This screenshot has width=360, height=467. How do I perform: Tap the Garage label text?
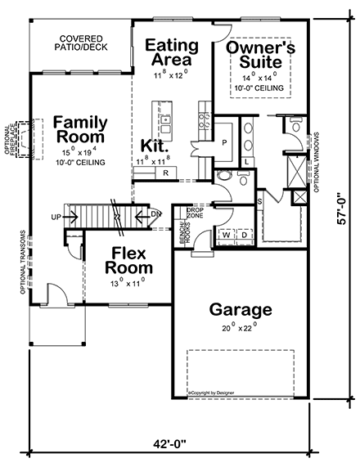(241, 310)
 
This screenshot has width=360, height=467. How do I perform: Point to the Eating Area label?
(173, 52)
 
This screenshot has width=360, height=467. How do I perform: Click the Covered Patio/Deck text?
(82, 43)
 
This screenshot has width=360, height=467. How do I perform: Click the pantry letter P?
(223, 142)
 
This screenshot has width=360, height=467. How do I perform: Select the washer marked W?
(225, 235)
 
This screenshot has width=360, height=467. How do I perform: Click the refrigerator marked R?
(165, 173)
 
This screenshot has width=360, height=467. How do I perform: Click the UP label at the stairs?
(56, 217)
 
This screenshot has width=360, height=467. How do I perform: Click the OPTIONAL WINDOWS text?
(315, 159)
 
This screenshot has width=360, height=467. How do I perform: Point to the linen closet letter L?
(246, 161)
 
